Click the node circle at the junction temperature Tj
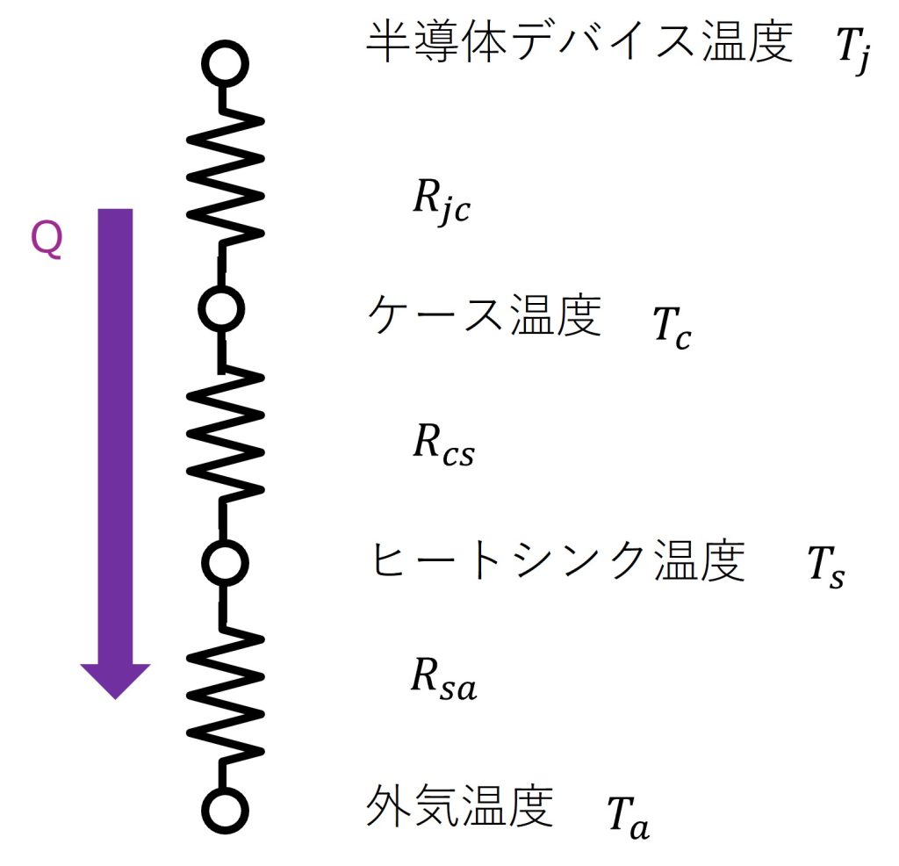pos(226,64)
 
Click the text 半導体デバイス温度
pos(580,42)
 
